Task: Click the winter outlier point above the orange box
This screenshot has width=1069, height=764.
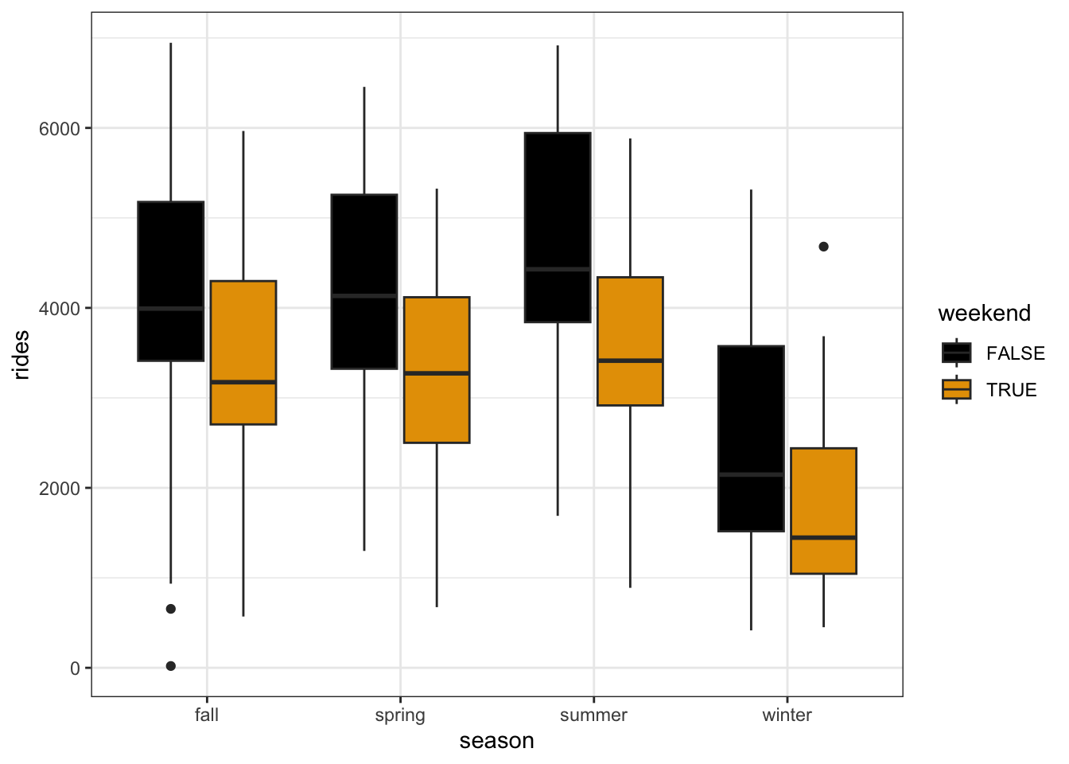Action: pyautogui.click(x=823, y=247)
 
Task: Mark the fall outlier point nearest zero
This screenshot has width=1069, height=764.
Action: pyautogui.click(x=171, y=666)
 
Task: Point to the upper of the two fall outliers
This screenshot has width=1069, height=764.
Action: pyautogui.click(x=171, y=609)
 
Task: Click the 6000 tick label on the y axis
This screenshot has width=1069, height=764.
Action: pyautogui.click(x=60, y=128)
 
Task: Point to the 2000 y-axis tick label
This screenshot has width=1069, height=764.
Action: pyautogui.click(x=60, y=488)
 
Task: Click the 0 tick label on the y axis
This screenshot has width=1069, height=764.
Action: pyautogui.click(x=76, y=668)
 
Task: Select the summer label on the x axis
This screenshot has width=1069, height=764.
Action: pyautogui.click(x=593, y=715)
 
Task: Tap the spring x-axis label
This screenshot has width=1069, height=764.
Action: pyautogui.click(x=400, y=715)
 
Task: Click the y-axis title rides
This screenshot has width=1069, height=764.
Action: pyautogui.click(x=21, y=355)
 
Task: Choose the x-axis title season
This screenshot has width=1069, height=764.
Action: pyautogui.click(x=496, y=741)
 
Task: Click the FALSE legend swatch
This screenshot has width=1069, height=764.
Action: pyautogui.click(x=956, y=353)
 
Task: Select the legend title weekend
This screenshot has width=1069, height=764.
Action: pyautogui.click(x=984, y=314)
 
